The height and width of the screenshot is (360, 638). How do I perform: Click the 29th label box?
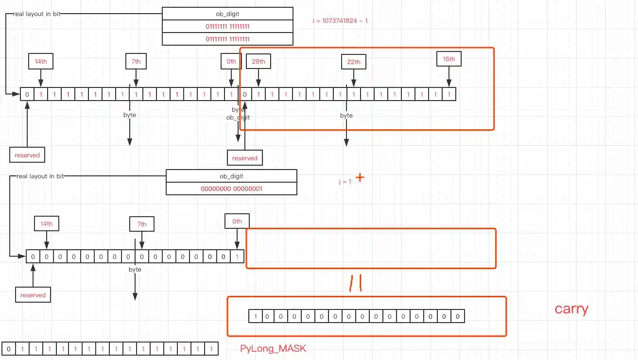click(x=259, y=62)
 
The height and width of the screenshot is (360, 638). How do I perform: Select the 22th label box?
click(x=353, y=62)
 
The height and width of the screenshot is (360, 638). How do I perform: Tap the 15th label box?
click(x=448, y=59)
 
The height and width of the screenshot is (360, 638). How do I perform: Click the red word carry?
click(x=571, y=309)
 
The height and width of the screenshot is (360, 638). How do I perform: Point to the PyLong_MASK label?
click(x=273, y=349)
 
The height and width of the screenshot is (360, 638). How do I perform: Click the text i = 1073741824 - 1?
click(x=340, y=21)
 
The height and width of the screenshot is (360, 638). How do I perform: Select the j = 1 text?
click(x=345, y=182)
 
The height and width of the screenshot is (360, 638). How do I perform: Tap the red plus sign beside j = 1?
click(x=360, y=177)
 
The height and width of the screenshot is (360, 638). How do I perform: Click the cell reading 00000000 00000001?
click(x=231, y=188)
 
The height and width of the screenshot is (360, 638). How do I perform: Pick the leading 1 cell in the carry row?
click(x=255, y=317)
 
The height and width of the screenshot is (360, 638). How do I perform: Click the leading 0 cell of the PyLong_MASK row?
click(x=9, y=349)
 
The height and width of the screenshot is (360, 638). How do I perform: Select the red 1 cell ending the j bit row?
click(x=237, y=257)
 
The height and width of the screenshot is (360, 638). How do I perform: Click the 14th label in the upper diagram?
click(x=41, y=62)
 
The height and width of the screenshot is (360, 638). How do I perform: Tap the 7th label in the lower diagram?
click(x=141, y=224)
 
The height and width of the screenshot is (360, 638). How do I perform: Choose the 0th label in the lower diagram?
click(x=237, y=221)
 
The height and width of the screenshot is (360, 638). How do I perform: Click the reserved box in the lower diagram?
click(x=33, y=295)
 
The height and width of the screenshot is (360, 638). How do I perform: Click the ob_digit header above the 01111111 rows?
click(x=227, y=14)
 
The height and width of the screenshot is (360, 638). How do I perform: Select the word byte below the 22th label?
click(x=346, y=116)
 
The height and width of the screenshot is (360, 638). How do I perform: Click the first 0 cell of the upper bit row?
click(x=27, y=94)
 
